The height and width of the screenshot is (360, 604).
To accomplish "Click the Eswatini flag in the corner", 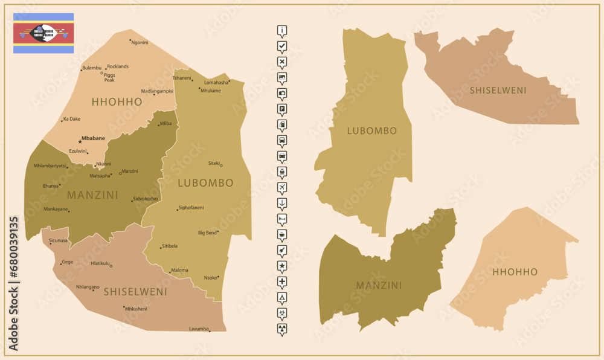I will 43,33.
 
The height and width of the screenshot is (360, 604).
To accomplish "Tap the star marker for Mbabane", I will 80,142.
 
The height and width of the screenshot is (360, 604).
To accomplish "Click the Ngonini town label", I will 140,42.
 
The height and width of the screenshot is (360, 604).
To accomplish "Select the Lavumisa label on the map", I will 199,329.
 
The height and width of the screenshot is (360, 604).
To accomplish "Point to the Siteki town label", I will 214,163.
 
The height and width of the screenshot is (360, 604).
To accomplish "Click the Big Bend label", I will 207,233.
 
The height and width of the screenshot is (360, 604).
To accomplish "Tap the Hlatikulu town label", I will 100,263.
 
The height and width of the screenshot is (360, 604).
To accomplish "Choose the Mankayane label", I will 56,209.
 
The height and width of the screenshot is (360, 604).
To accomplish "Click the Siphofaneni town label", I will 191,208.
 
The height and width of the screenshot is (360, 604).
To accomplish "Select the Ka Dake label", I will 72,119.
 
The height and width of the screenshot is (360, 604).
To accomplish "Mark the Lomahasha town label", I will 216,82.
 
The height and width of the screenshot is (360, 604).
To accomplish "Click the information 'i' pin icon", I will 282,30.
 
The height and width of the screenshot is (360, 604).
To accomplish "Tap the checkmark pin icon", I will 282,46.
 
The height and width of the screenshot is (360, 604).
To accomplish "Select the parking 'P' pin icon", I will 282,109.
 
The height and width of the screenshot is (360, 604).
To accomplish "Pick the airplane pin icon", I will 282,187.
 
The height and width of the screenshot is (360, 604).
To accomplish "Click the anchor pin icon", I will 282,202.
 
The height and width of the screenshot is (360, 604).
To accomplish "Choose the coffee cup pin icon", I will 282,234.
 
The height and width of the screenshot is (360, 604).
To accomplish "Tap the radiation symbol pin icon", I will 282,328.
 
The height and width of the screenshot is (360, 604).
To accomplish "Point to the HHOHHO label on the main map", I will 117,102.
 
